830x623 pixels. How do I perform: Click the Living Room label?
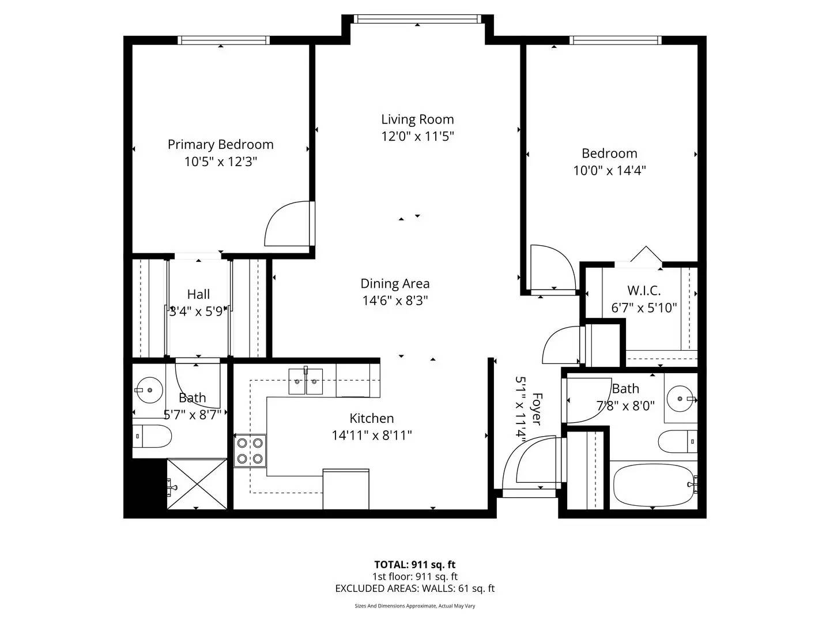pyautogui.click(x=417, y=119)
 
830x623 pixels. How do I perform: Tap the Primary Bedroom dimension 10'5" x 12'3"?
pyautogui.click(x=220, y=162)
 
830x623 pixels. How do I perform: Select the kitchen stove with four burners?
pyautogui.click(x=250, y=451)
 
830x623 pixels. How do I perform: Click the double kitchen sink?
pyautogui.click(x=305, y=381)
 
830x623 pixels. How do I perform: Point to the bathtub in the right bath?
pyautogui.click(x=654, y=485)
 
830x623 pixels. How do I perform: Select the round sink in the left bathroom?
pyautogui.click(x=150, y=391)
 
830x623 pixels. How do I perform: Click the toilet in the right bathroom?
pyautogui.click(x=678, y=441)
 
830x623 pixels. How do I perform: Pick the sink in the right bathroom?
pyautogui.click(x=682, y=398)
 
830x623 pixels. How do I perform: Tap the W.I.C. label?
pyautogui.click(x=644, y=291)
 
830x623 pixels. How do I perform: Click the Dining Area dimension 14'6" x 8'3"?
pyautogui.click(x=395, y=301)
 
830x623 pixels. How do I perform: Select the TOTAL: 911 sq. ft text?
pyautogui.click(x=415, y=565)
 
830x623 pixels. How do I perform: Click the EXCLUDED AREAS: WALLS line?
pyautogui.click(x=415, y=588)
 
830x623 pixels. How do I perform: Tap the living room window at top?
pyautogui.click(x=417, y=19)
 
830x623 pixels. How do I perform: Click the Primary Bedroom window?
pyautogui.click(x=223, y=40)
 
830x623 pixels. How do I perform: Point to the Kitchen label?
pyautogui.click(x=372, y=418)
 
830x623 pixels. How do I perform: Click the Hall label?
pyautogui.click(x=198, y=294)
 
